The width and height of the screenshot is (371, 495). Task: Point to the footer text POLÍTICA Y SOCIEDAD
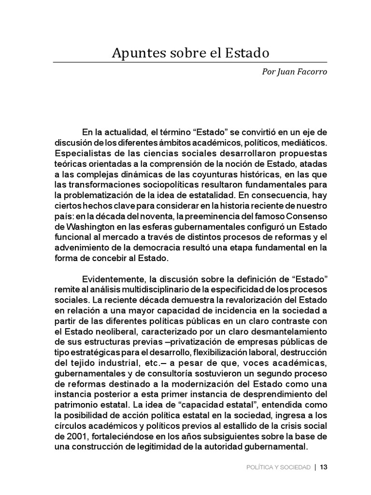point(278,467)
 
